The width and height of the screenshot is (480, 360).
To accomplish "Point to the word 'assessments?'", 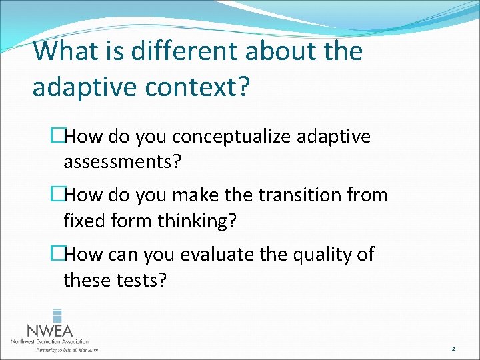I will [x=121, y=162].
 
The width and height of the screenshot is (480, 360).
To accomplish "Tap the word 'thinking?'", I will [x=197, y=220].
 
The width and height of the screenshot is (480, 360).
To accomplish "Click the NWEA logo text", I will [x=49, y=330].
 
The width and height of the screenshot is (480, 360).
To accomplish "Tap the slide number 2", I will [x=453, y=348].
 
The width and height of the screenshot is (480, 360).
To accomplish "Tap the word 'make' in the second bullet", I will [x=191, y=195].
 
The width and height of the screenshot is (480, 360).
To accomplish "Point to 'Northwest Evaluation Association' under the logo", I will [x=49, y=341].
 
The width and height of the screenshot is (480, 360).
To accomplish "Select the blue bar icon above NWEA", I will [x=57, y=315].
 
